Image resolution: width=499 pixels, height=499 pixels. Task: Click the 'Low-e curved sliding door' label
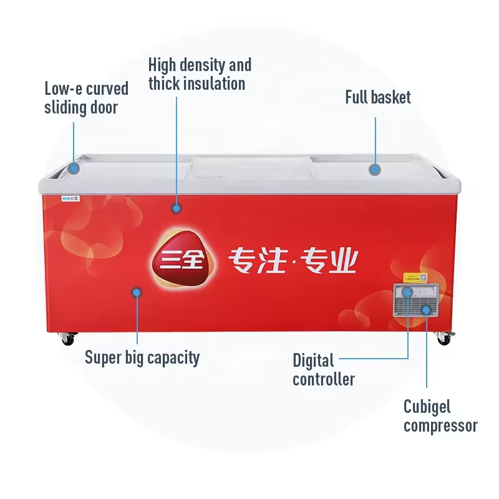click(86, 98)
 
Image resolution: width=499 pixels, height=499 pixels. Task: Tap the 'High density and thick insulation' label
click(200, 74)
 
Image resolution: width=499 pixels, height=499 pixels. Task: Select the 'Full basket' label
click(378, 97)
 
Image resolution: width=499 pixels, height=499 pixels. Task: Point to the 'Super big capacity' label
click(142, 357)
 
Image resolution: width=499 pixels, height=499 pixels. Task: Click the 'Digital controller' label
click(323, 369)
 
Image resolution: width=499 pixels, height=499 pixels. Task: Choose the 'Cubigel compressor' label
click(440, 416)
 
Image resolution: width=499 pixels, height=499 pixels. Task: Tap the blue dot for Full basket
click(374, 169)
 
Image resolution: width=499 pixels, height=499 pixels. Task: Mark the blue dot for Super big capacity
click(137, 292)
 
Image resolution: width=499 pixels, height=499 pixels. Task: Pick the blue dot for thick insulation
click(177, 208)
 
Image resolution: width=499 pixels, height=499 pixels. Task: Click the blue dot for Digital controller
click(407, 292)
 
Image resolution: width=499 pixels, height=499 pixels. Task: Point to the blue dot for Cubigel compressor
click(427, 309)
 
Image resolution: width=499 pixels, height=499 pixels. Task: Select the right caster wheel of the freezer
click(443, 339)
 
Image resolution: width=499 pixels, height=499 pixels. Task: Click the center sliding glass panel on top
click(249, 167)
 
